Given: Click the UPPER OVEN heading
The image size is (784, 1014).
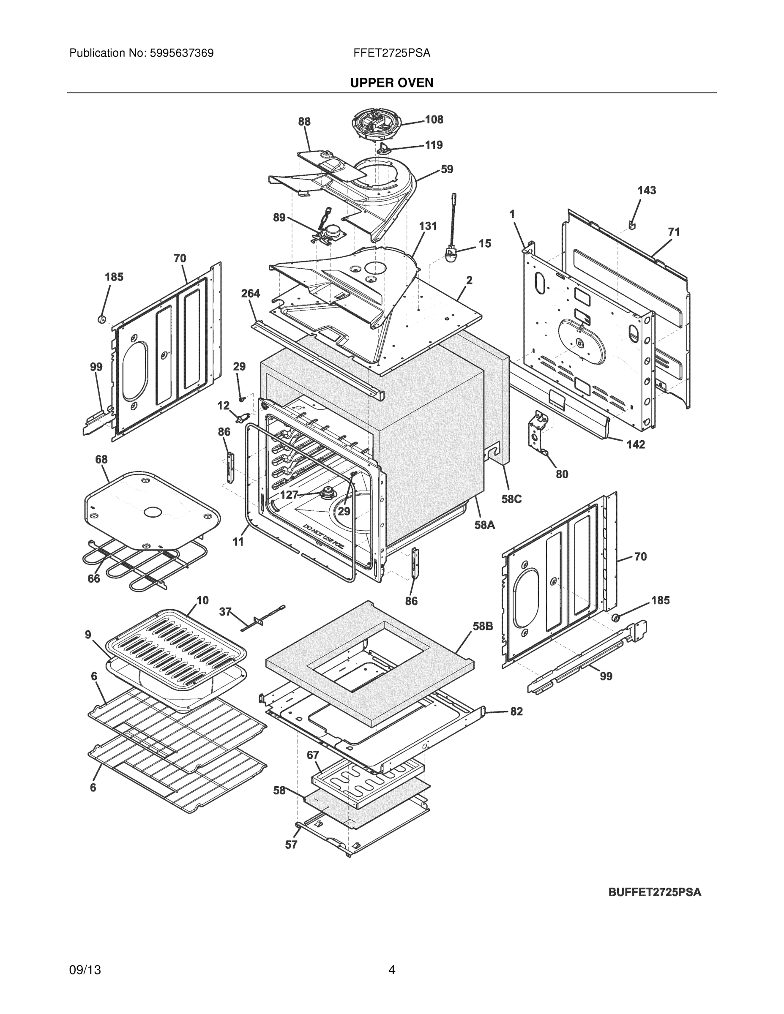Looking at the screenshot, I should pyautogui.click(x=391, y=83).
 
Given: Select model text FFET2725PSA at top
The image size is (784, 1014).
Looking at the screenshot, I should pyautogui.click(x=391, y=53).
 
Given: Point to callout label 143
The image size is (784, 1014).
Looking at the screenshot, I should pyautogui.click(x=647, y=191).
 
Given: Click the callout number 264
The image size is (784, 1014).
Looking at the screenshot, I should pyautogui.click(x=251, y=294).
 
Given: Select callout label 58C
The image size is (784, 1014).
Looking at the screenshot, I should pyautogui.click(x=511, y=499).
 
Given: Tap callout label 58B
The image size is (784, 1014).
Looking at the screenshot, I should pyautogui.click(x=483, y=626).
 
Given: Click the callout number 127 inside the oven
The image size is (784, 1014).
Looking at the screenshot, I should pyautogui.click(x=289, y=495).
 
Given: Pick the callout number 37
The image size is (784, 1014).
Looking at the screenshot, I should pyautogui.click(x=225, y=612).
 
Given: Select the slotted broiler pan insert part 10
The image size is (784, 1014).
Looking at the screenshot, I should pyautogui.click(x=175, y=646).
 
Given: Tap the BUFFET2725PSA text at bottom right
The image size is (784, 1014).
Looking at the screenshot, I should pyautogui.click(x=654, y=892).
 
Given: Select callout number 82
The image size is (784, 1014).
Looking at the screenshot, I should pyautogui.click(x=516, y=711).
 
